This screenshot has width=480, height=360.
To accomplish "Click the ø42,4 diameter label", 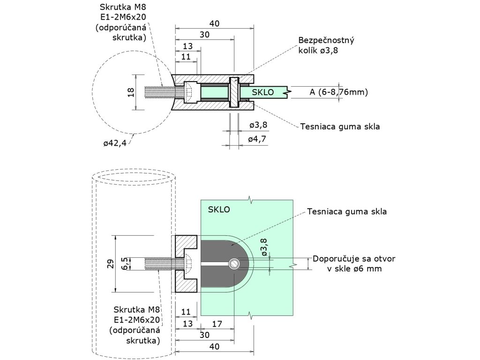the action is [115, 142].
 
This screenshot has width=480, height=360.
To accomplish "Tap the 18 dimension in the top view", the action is [131, 92].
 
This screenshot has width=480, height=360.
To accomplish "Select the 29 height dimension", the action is [111, 264].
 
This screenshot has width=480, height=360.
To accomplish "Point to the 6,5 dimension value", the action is [124, 263].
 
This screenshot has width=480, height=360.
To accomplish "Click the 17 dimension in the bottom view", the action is [217, 323].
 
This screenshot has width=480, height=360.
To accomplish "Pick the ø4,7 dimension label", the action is [257, 139].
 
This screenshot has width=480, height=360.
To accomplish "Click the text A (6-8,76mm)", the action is [338, 92].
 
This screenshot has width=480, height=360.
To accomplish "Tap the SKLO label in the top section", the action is [262, 92].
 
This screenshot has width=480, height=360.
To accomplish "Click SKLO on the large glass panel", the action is [219, 210].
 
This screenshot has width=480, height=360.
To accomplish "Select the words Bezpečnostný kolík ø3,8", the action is [326, 45].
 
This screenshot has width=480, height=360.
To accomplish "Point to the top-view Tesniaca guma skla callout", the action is [340, 127].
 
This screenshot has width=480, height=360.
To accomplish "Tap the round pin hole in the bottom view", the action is [234, 263].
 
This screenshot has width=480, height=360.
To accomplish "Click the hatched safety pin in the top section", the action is [234, 92].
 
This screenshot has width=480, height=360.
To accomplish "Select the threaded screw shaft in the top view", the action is [164, 92].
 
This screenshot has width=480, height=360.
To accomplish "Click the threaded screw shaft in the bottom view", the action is [164, 263].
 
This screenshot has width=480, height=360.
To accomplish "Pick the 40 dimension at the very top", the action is [214, 23].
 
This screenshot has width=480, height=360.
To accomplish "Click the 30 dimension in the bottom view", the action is [204, 335].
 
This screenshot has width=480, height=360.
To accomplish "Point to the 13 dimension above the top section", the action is [187, 46].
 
